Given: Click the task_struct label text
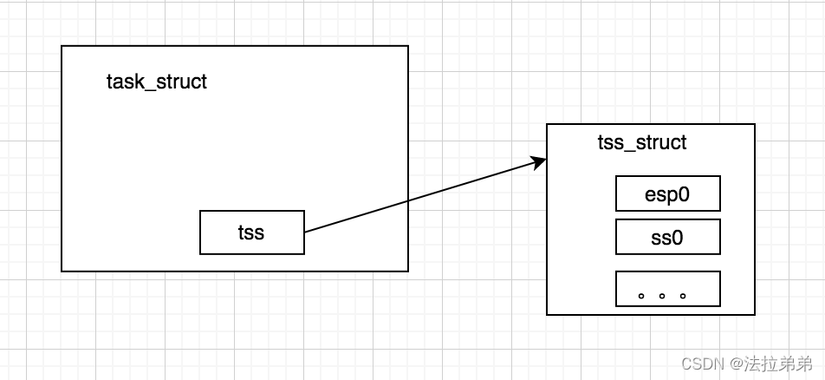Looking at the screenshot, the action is [x=157, y=82].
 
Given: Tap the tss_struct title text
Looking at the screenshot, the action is [x=642, y=142].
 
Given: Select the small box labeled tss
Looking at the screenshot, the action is [x=251, y=233].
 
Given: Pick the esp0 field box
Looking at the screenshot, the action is [x=667, y=193].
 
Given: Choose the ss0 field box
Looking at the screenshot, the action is [x=667, y=236].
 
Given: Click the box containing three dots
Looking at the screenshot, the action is [x=667, y=288].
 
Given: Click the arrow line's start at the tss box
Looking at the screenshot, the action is [x=305, y=232].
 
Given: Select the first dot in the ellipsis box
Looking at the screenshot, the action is [x=641, y=295].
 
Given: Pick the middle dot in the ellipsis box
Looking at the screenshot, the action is [x=662, y=295].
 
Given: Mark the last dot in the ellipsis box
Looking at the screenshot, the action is [x=683, y=295].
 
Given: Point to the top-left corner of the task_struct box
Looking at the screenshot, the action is [x=62, y=46].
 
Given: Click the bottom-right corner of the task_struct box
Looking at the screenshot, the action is [x=407, y=271].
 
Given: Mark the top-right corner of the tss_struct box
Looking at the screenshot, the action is [x=755, y=124].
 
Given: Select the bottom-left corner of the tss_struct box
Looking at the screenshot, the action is [x=547, y=314].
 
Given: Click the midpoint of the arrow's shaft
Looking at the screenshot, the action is [x=423, y=197].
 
